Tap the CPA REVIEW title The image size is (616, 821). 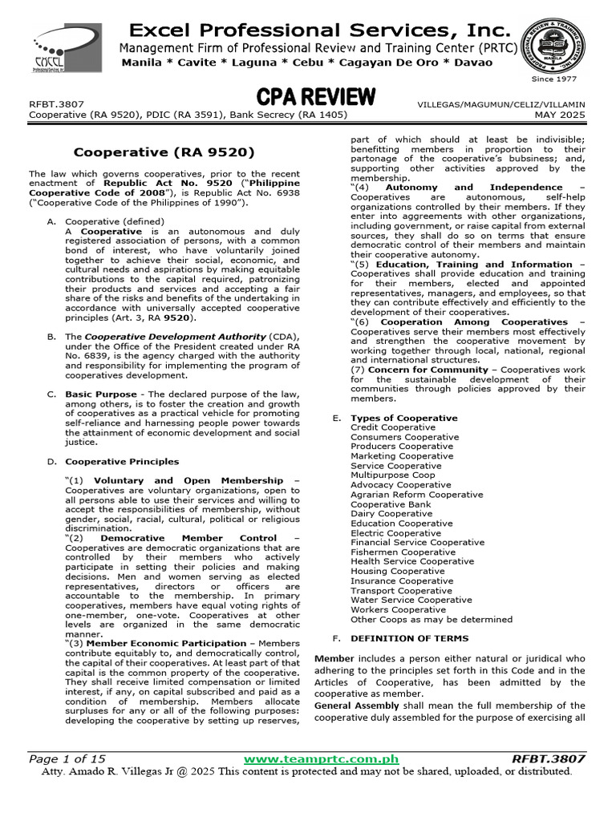(316, 98)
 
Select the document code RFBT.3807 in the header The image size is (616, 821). (56, 104)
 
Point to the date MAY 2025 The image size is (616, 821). (560, 115)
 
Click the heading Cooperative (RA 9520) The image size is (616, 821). (164, 152)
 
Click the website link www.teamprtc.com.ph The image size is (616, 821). (321, 758)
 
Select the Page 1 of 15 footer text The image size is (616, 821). (67, 758)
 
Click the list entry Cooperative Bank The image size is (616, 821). (391, 504)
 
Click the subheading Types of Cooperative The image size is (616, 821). (404, 418)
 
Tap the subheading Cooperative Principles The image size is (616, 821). (122, 462)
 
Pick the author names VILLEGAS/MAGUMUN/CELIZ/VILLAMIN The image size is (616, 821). (501, 104)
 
